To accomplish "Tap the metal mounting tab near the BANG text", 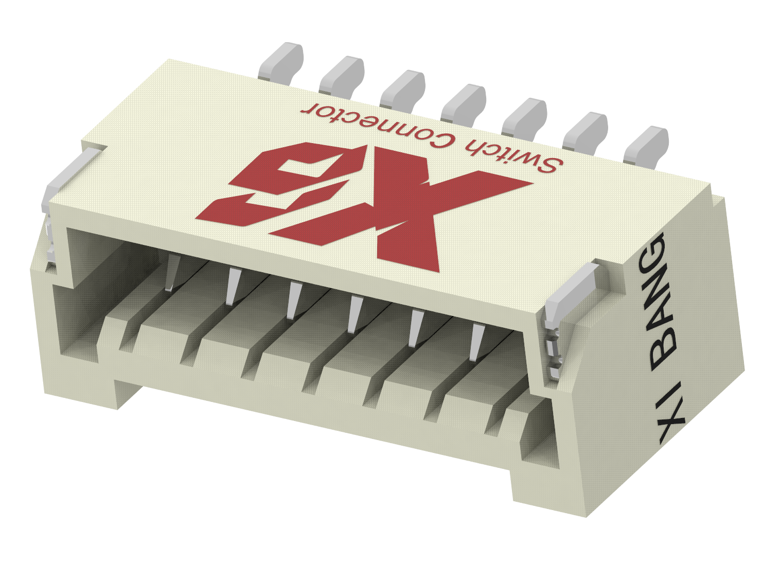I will [x=571, y=293].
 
